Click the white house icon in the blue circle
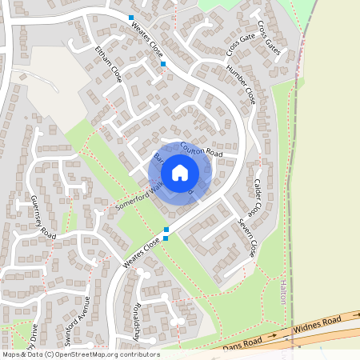coord(180,172)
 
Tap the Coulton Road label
coord(200,150)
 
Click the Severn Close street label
coord(246,238)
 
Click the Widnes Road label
coord(318,324)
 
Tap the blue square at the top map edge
coord(131,17)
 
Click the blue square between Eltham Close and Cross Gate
coord(163,63)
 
